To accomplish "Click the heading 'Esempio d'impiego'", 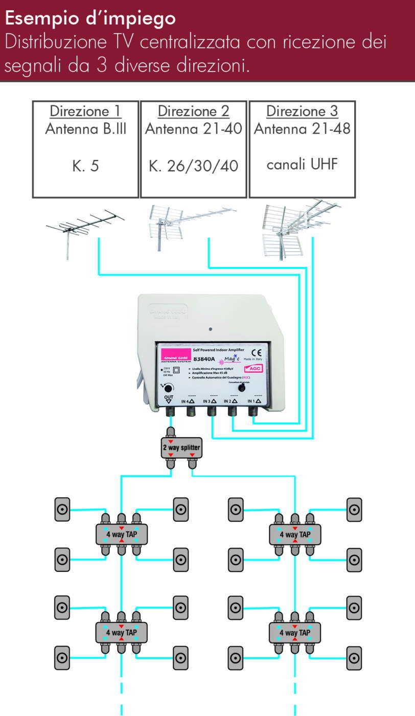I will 90,19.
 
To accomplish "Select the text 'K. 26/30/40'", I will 194,166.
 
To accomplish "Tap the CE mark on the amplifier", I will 259,352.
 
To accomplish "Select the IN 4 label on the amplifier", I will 189,402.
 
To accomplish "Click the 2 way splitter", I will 182,448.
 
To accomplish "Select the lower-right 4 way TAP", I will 295,633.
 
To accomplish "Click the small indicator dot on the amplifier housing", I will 211,329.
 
